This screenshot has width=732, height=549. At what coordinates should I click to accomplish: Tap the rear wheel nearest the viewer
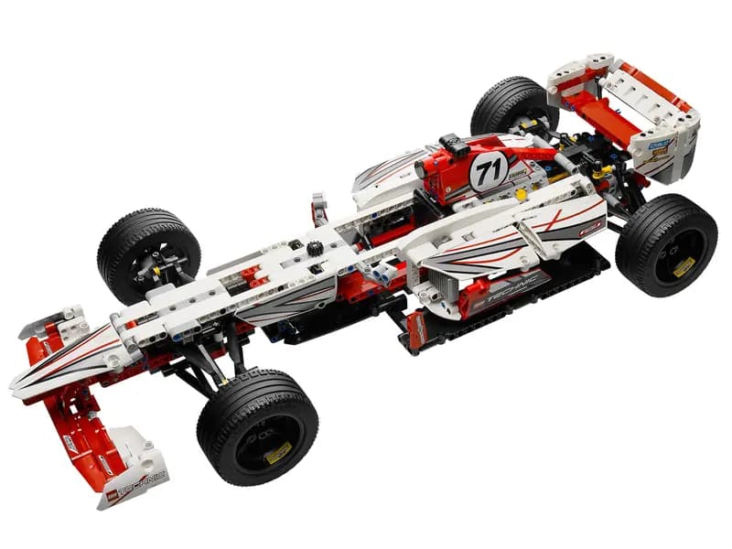pyautogui.click(x=666, y=245)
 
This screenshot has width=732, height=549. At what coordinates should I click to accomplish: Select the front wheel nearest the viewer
pyautogui.click(x=257, y=426)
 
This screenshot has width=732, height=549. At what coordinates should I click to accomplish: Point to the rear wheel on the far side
pyautogui.click(x=514, y=107)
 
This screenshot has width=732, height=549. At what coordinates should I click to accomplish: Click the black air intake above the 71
pyautogui.click(x=454, y=145)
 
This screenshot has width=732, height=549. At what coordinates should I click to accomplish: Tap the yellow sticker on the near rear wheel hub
pyautogui.click(x=683, y=266)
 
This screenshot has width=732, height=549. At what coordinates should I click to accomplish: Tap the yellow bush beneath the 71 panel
pyautogui.click(x=521, y=194)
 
